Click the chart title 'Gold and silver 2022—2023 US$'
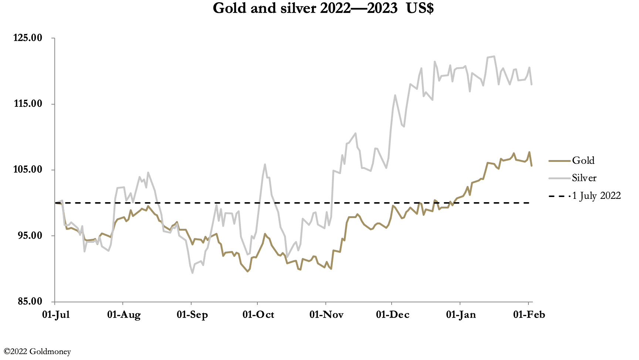click(x=323, y=8)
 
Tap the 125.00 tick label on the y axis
click(x=28, y=38)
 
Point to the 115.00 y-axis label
click(x=28, y=104)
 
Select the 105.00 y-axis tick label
click(x=28, y=170)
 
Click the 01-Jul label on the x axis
click(x=56, y=315)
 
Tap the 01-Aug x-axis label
click(x=124, y=315)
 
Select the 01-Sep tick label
click(x=192, y=315)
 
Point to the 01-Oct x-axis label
click(x=258, y=315)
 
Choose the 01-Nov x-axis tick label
click(x=326, y=315)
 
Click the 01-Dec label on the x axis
click(x=392, y=315)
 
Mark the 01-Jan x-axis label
click(x=461, y=315)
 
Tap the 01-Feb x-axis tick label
click(x=529, y=315)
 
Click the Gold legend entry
click(x=583, y=160)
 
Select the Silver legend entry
click(x=584, y=178)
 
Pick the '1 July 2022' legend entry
click(x=596, y=196)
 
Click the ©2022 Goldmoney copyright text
click(x=37, y=351)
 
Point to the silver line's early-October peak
click(x=265, y=164)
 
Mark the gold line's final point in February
click(x=531, y=166)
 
